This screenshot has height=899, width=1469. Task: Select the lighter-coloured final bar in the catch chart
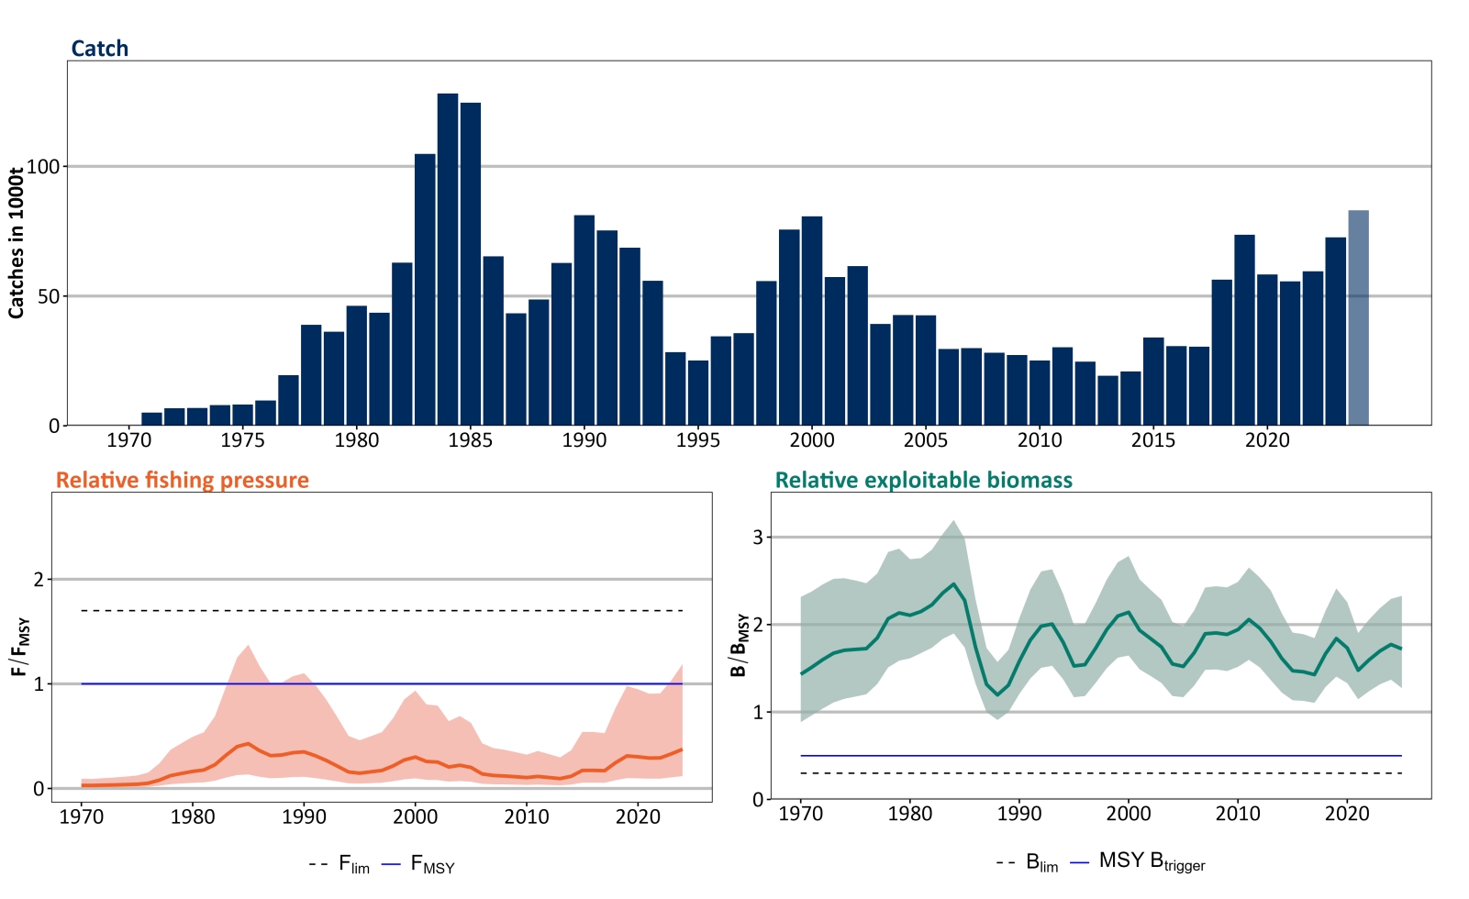1358,318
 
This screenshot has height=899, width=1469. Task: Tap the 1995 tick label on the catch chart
698,440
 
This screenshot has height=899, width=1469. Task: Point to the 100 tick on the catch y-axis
42,167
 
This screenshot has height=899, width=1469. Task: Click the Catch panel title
100,49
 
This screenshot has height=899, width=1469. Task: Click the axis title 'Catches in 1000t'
16,243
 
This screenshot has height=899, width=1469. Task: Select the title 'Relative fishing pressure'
183,481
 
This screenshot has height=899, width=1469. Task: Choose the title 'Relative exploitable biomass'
923,481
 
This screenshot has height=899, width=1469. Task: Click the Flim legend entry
341,864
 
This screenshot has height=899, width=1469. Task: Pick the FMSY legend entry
420,864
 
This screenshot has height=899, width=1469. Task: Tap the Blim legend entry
1029,862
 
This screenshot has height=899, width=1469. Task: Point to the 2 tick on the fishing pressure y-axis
39,580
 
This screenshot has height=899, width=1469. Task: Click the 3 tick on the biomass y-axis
758,538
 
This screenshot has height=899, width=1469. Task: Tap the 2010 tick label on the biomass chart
1238,814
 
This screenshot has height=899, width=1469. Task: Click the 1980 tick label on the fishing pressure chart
193,816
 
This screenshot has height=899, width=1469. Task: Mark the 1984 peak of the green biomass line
953,584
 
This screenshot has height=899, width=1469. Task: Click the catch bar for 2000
812,321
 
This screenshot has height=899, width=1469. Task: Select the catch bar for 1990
584,320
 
